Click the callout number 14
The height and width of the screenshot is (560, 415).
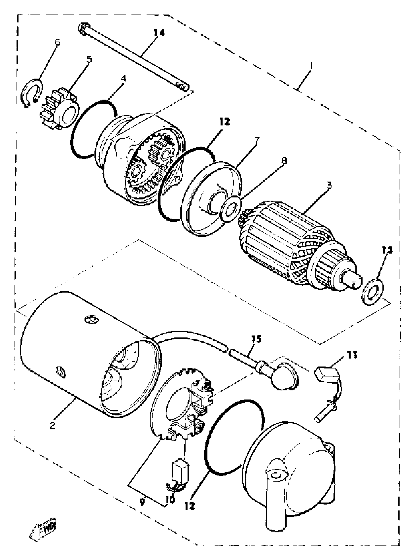point(159,33)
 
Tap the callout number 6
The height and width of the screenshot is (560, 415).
point(58,42)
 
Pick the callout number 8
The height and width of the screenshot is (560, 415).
point(284,161)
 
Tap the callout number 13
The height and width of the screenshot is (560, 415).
point(387,250)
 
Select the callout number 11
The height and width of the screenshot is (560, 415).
point(352,355)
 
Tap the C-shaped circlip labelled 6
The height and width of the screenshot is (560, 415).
point(31,93)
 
